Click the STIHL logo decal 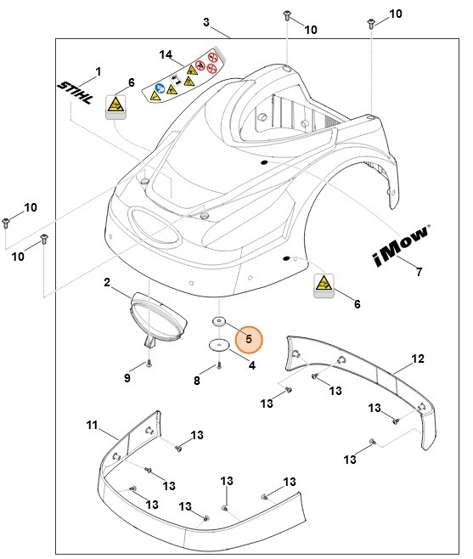tap(78, 95)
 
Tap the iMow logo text tap(401, 247)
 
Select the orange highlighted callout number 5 tap(249, 339)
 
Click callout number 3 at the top tap(206, 21)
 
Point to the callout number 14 tap(166, 55)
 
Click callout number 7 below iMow tap(418, 272)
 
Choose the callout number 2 tap(108, 281)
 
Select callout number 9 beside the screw tap(127, 377)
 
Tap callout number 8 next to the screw tap(197, 381)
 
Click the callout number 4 tap(251, 365)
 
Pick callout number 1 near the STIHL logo tap(97, 71)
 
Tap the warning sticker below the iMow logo tap(324, 284)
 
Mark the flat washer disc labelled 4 tap(219, 345)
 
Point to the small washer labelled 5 tap(219, 322)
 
